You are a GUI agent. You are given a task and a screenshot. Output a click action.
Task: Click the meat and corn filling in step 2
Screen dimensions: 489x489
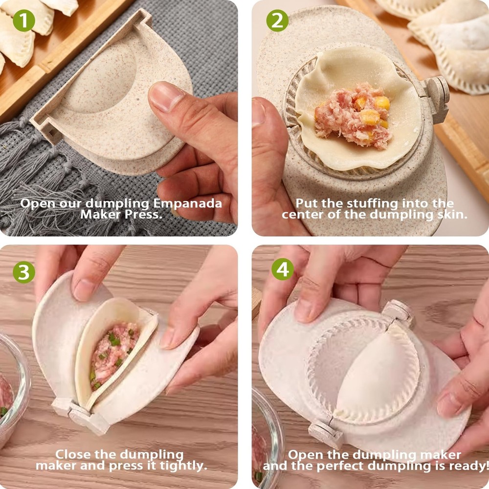click(353, 114)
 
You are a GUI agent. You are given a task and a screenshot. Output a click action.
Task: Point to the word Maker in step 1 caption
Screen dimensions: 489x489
click(100, 214)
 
